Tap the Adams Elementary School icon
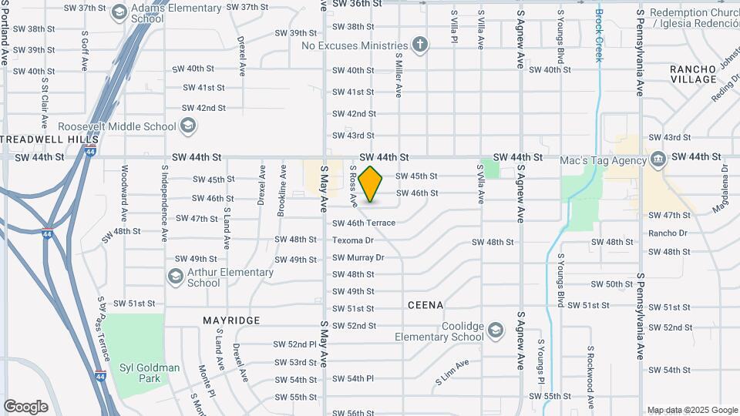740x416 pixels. pos(119,12)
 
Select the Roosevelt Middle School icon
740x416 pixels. pos(188,126)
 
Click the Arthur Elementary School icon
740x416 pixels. pos(175,277)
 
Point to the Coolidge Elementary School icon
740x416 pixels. pos(495,331)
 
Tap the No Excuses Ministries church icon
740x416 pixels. pos(419,45)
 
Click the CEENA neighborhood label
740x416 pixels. pos(425,305)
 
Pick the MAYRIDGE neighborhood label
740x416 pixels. pos(231,320)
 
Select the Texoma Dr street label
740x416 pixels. pos(352,240)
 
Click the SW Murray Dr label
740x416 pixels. pos(358,257)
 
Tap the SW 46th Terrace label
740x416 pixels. pos(363,223)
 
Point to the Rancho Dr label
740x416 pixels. pos(668,233)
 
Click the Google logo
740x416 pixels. pos(25,407)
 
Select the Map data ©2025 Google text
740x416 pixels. pos(691,410)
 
